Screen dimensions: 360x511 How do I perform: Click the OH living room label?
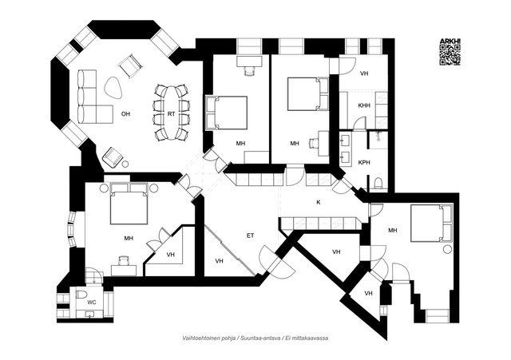pyautogui.click(x=125, y=114)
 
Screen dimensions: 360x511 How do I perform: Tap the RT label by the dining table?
pyautogui.click(x=171, y=114)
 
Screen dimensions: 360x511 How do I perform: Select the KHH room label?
pyautogui.click(x=364, y=105)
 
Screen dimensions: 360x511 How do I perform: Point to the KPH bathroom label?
pyautogui.click(x=364, y=162)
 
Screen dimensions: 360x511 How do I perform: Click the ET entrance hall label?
pyautogui.click(x=250, y=235)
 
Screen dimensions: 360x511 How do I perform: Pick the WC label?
pyautogui.click(x=92, y=303)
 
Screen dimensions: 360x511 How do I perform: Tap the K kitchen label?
pyautogui.click(x=318, y=202)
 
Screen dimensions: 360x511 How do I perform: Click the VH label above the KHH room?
pyautogui.click(x=364, y=73)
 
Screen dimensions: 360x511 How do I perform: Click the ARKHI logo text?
pyautogui.click(x=450, y=41)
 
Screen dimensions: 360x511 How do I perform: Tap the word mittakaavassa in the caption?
pyautogui.click(x=312, y=338)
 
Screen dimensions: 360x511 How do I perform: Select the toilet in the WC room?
pyautogui.click(x=81, y=295)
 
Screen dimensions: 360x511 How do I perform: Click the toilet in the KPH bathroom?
pyautogui.click(x=377, y=183)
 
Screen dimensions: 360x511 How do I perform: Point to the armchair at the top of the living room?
pyautogui.click(x=129, y=65)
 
